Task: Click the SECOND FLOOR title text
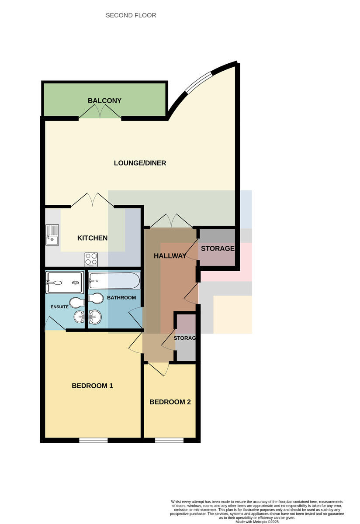point(131,15)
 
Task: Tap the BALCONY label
point(104,100)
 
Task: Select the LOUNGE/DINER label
point(140,163)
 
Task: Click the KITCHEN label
point(93,238)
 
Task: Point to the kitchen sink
point(52,235)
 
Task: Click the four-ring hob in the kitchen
point(91,259)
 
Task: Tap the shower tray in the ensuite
point(65,283)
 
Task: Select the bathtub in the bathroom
point(114,281)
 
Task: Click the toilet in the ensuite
point(77,303)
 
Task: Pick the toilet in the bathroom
point(96,298)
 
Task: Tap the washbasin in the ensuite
point(79,317)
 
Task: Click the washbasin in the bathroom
point(95,316)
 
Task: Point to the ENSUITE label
point(59,307)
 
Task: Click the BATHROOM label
point(121,297)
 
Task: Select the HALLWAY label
point(170,256)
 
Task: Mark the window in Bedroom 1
point(93,441)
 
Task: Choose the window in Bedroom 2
point(169,441)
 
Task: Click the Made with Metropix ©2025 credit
point(257,522)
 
